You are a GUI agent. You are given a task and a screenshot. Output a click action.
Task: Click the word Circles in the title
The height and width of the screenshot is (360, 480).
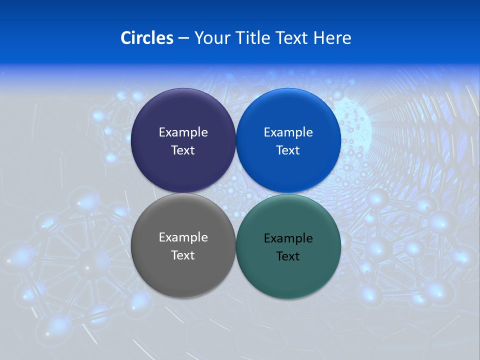coord(146,38)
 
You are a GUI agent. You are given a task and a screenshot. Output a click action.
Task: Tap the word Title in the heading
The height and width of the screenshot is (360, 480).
coord(253,38)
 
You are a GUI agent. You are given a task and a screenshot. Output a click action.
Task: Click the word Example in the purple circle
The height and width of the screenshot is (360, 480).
coord(183,132)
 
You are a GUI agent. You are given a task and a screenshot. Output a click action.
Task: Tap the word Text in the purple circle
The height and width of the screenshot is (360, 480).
coord(183,150)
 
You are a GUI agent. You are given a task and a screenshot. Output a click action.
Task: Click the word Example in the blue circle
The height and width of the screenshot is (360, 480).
coord(288,132)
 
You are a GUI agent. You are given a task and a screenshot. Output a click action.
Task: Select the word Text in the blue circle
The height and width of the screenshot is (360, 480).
coord(288,150)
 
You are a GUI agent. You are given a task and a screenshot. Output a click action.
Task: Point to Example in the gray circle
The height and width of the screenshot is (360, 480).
coord(183,237)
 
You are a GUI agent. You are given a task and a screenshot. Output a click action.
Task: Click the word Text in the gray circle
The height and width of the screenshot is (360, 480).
coord(183,255)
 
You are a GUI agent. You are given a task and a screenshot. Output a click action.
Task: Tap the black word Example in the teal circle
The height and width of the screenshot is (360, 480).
coord(288,238)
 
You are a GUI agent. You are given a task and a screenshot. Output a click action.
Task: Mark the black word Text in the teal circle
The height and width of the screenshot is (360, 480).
coord(288,256)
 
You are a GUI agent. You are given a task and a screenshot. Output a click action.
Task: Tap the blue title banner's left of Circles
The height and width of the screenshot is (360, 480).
coord(60,38)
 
